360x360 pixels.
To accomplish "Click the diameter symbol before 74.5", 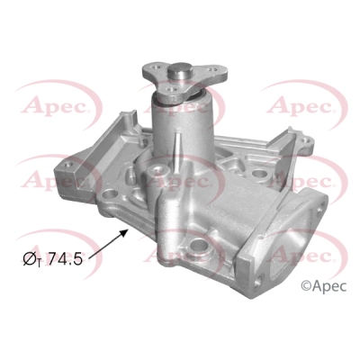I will click(x=31, y=259).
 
